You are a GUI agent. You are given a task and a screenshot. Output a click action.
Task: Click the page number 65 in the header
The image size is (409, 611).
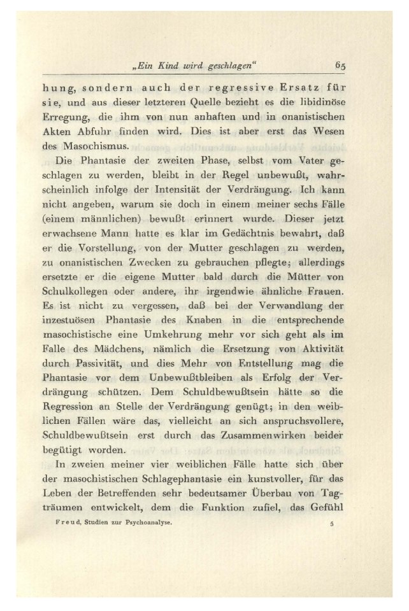pyautogui.click(x=338, y=64)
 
